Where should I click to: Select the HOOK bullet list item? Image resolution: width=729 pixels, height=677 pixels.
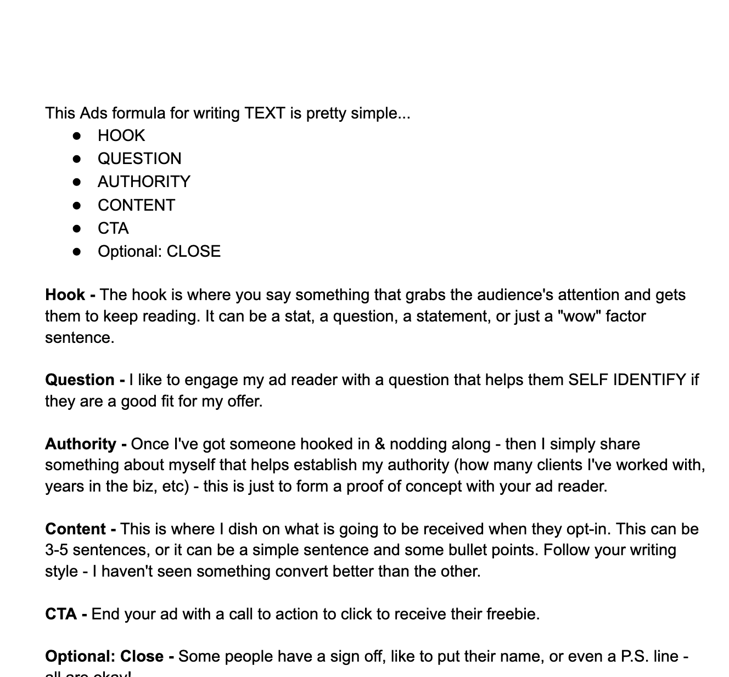pos(121,136)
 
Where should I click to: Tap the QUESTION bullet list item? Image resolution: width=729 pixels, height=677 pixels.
pos(139,159)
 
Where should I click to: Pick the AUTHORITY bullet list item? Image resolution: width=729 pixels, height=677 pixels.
pos(144,182)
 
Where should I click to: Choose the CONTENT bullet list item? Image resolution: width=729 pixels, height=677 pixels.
pos(136,206)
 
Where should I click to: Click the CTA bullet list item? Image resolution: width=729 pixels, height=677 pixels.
pos(113,229)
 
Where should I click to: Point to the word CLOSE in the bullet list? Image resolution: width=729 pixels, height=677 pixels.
pos(193,252)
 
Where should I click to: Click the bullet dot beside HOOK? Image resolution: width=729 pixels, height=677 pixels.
pos(77,136)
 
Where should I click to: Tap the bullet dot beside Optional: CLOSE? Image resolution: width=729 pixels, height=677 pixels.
pos(77,252)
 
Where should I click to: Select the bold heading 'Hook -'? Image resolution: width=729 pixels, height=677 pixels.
pos(70,295)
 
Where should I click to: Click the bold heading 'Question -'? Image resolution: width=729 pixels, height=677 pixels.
pos(85,380)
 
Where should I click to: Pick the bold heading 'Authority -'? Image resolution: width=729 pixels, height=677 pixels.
pos(86,444)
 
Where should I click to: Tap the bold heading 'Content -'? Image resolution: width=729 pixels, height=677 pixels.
pos(80,529)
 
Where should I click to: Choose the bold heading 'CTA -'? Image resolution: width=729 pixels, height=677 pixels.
pos(66,614)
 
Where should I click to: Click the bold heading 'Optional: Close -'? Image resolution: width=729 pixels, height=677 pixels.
pos(110,657)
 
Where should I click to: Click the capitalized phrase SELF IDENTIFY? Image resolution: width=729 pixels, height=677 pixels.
pos(627,380)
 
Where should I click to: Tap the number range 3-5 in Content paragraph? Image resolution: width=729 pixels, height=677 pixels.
pos(56,550)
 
